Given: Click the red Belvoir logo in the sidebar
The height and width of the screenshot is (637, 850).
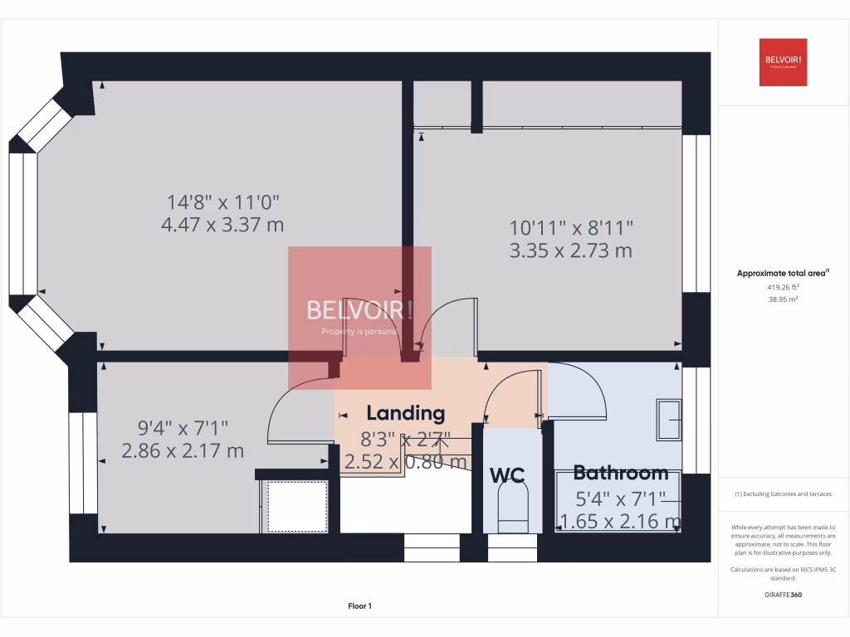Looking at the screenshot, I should (783, 62).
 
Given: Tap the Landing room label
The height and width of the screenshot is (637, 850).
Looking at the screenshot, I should (406, 413).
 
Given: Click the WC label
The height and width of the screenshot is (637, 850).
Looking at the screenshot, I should (507, 475).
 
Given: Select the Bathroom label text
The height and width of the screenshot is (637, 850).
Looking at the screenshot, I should (621, 473).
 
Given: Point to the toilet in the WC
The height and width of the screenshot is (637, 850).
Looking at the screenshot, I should (511, 507).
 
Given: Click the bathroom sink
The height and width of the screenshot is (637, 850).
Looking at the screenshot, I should (669, 420).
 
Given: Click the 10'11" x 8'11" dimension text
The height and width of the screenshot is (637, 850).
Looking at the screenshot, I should (571, 226).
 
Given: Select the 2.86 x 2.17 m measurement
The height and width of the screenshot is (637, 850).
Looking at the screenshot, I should (183, 451).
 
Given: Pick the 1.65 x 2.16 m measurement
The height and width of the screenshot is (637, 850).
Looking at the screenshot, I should (621, 521).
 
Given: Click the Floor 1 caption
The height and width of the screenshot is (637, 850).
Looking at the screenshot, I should (360, 606).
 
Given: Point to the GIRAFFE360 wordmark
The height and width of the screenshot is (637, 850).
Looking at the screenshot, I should (783, 595).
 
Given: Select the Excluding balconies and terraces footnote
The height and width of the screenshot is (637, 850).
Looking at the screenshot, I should (783, 494).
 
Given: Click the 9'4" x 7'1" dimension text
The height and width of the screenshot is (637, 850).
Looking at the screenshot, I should (183, 428).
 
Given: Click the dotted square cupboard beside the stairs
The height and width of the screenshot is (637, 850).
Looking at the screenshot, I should (296, 506).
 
